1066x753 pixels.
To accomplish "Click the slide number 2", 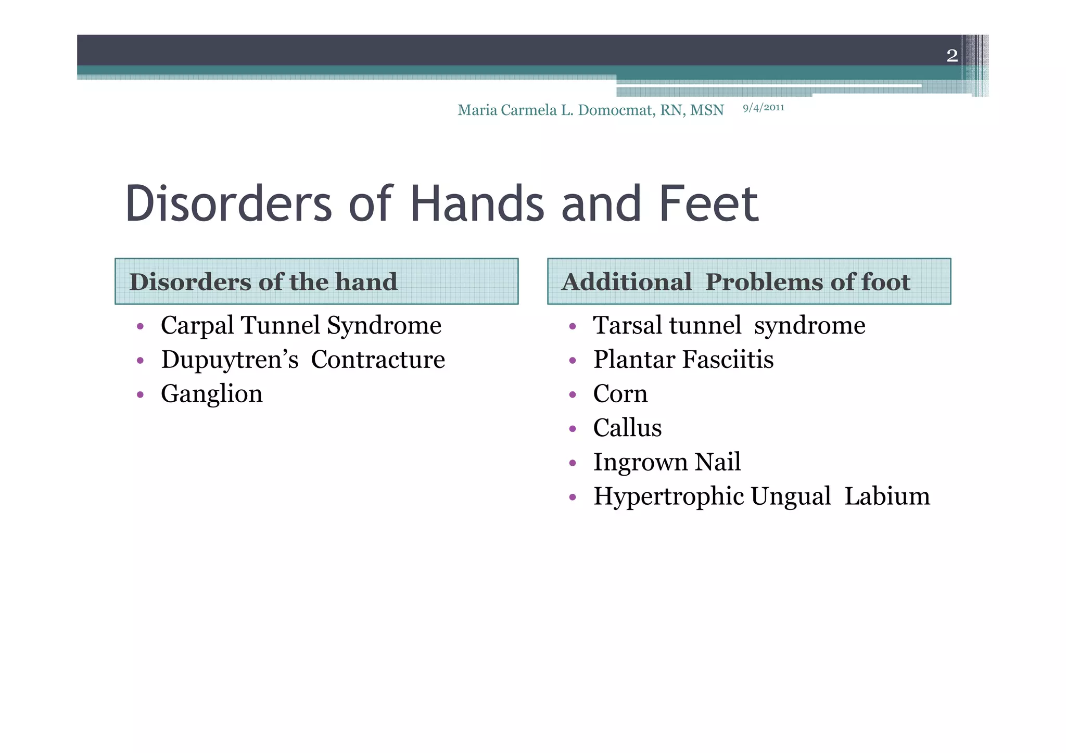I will pos(951,56).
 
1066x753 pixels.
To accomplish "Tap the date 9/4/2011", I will pos(763,108).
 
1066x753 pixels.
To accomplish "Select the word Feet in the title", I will pos(708,204).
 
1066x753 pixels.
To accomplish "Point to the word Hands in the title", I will pos(477,204).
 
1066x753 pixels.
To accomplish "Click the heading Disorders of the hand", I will pos(263,282).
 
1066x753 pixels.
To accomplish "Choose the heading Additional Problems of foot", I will pos(735,282).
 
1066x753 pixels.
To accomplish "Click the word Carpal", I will pos(197,326).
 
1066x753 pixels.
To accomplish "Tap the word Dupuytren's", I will pos(230,360).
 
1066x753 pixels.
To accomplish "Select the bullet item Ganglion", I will pos(211,394).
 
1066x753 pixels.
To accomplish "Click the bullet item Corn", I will pos(620,394).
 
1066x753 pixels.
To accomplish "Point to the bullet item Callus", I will pos(627,428).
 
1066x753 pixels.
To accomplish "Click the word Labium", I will pos(887,496).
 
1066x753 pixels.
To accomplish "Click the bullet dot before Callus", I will pos(573,429).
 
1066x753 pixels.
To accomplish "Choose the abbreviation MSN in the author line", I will pos(707,110).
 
